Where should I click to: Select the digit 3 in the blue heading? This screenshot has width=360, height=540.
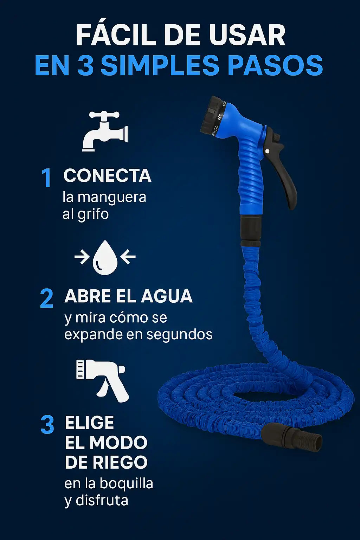pos(85,65)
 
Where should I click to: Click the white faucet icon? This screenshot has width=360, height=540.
pos(105,131)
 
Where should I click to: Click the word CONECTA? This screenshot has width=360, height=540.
pos(107,175)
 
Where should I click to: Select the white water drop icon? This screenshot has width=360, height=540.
pos(105,257)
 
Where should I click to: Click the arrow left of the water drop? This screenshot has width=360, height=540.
pos(82,257)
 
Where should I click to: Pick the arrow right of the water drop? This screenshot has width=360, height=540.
pos(128,257)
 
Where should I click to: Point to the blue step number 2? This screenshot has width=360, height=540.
pos(46,298)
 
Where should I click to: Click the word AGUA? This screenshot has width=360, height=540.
pos(167,296)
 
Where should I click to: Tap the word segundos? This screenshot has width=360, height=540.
pos(179,335)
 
